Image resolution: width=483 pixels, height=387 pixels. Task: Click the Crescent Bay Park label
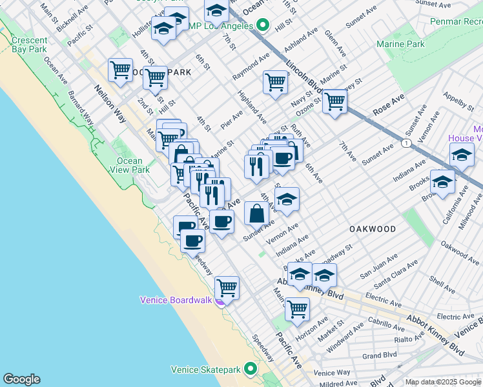tap(29, 44)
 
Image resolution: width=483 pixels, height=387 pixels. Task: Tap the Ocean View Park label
tap(130, 165)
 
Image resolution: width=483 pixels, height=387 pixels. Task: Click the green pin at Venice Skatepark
tap(250, 370)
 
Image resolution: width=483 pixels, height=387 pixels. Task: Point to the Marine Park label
tap(401, 44)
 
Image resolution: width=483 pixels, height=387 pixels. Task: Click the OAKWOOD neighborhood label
tap(373, 229)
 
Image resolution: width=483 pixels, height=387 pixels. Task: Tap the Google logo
tap(21, 379)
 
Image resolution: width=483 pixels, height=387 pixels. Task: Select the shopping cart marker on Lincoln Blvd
tap(334, 101)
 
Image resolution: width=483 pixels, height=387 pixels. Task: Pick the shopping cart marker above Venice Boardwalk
tap(227, 287)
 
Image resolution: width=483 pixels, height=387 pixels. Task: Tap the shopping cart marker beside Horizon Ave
tap(297, 308)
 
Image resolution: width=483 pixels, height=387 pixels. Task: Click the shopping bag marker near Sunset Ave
tap(257, 213)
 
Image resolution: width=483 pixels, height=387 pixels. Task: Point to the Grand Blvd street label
tap(375, 355)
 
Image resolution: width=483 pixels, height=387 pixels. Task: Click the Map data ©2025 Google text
tap(443, 382)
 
